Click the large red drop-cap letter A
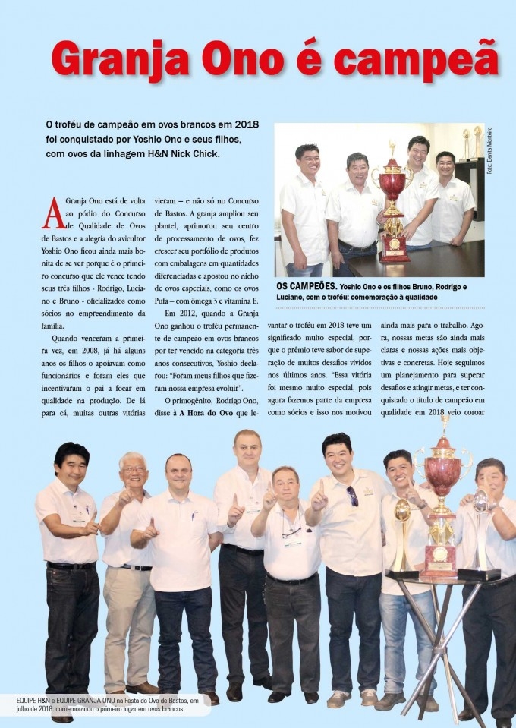pos(53,213)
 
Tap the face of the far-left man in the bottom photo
pos(72,465)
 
